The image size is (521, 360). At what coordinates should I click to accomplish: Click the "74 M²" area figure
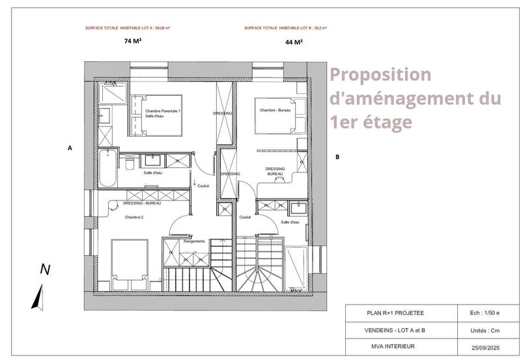[133, 41]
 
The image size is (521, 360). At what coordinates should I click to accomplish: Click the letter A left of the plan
[70, 148]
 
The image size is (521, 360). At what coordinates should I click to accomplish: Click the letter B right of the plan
[337, 157]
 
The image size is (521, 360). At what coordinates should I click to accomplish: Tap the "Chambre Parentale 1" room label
[163, 111]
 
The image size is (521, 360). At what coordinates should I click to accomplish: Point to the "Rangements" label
[194, 241]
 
